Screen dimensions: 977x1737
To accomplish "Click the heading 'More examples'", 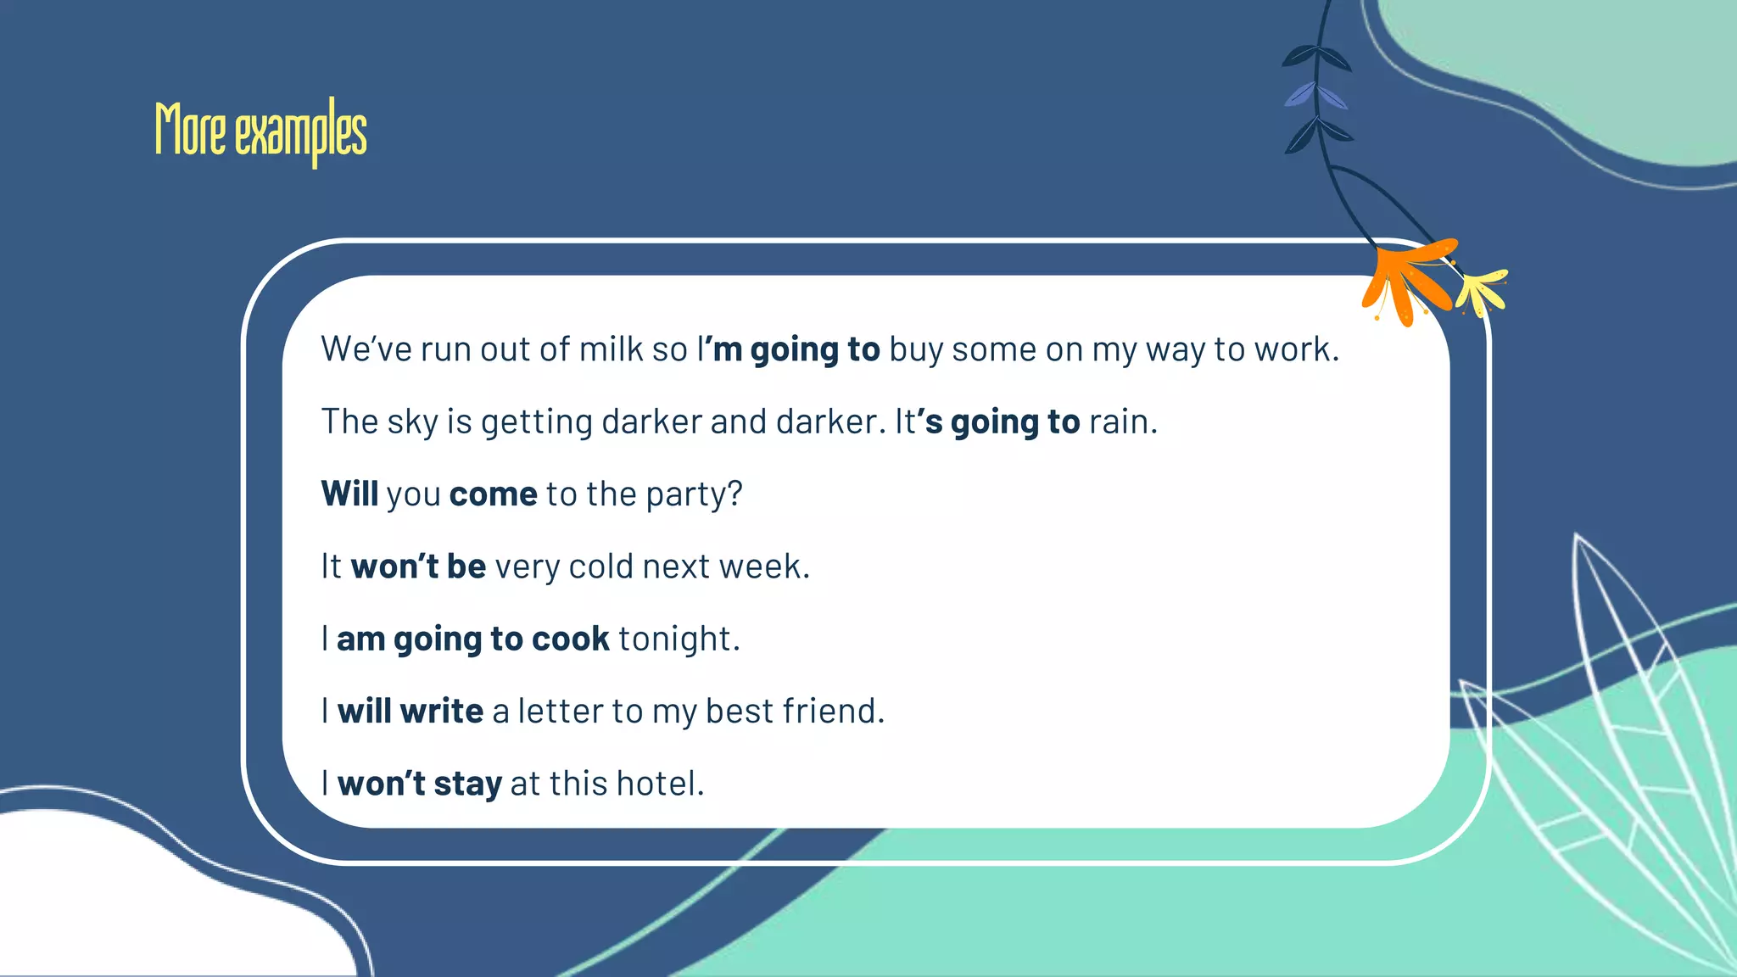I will (x=260, y=131).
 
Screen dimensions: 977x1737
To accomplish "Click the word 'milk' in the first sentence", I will (x=611, y=349).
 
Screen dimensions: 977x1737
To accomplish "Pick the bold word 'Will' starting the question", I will (x=349, y=494).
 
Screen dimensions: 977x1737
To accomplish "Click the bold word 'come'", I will (x=493, y=494).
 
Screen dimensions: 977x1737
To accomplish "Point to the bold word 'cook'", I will (x=570, y=639).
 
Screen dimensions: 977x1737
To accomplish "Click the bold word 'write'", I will (x=441, y=711).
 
